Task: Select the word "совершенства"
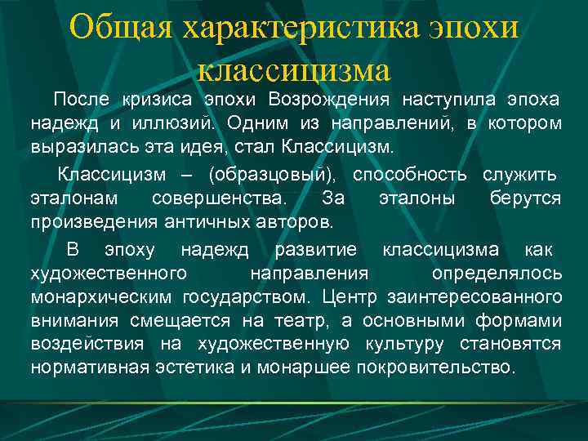219,200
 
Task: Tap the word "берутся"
525,200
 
